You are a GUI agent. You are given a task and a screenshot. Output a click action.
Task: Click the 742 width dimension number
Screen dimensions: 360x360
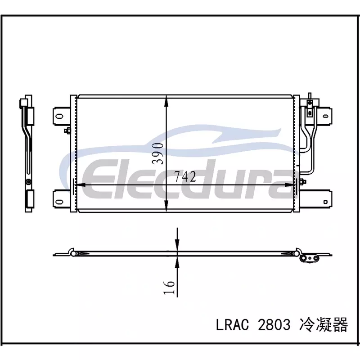(185, 177)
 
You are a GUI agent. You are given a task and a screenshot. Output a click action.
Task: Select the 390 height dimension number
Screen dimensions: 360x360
(158, 153)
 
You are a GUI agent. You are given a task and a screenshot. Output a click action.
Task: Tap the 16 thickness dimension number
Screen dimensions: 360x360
(169, 287)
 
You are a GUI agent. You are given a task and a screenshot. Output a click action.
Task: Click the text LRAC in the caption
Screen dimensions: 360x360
(232, 325)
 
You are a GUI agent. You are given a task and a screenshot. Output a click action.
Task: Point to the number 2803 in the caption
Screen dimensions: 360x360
(274, 325)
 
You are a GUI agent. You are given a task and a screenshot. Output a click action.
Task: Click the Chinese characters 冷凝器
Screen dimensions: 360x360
(323, 324)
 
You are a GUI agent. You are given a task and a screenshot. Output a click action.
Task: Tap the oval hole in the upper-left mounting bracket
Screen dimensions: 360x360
(59, 117)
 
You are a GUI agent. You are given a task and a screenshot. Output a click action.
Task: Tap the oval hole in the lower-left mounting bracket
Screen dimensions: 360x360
(59, 202)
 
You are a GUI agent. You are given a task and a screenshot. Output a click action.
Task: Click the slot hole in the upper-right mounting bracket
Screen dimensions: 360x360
(325, 116)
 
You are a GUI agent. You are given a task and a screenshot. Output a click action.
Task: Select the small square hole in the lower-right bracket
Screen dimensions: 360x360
(325, 202)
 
